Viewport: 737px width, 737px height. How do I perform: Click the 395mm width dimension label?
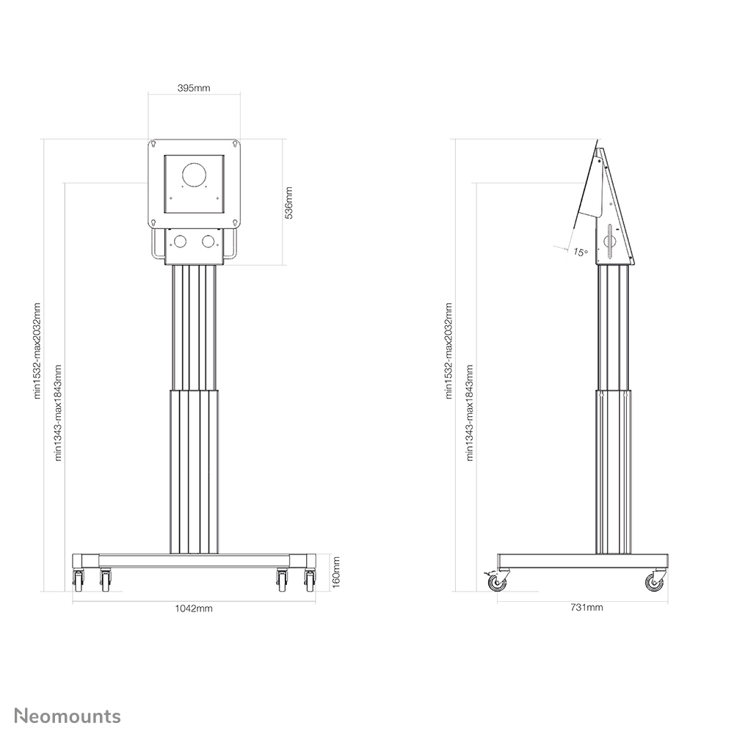click(x=195, y=88)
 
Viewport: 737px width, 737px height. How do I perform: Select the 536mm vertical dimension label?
click(x=289, y=202)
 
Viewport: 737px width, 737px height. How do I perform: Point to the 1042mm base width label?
click(x=194, y=609)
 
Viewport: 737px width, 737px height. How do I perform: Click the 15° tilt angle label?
click(x=580, y=253)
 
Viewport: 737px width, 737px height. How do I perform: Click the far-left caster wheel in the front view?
click(x=78, y=582)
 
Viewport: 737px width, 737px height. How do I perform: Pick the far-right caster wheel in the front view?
click(x=310, y=582)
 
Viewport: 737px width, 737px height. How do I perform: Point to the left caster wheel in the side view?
click(x=497, y=583)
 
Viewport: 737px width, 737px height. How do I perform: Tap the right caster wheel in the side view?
click(x=653, y=583)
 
